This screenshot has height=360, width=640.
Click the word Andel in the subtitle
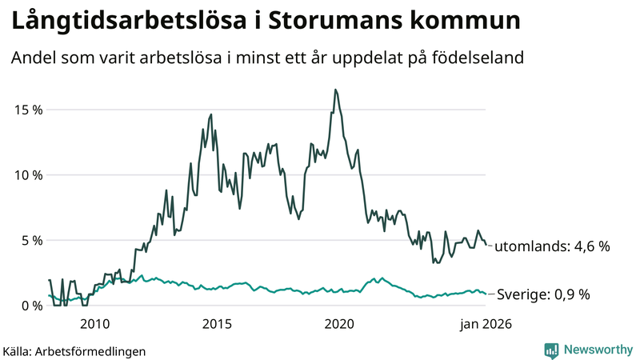click(x=33, y=58)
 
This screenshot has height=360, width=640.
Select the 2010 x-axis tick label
click(x=94, y=324)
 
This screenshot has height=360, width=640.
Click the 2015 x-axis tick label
click(x=217, y=324)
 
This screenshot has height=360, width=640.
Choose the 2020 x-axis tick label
click(x=339, y=324)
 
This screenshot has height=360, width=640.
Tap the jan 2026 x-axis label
click(x=485, y=324)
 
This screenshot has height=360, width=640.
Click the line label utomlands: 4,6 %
click(x=552, y=247)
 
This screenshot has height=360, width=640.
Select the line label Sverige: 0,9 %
click(x=543, y=294)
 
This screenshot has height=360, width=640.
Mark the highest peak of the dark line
click(x=336, y=90)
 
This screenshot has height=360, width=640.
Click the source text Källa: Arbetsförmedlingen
click(x=74, y=350)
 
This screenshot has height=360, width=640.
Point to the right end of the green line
click(x=486, y=294)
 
